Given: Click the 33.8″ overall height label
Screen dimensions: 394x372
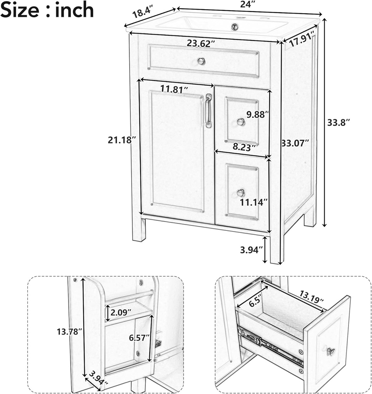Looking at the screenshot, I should coord(339,123).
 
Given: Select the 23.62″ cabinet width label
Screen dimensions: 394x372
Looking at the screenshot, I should coord(201,44).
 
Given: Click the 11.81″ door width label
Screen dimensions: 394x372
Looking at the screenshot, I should coord(174,89).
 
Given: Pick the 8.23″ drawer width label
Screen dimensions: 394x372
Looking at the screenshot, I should coord(244,147).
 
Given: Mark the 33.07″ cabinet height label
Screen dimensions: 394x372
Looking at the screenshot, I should coord(295,143).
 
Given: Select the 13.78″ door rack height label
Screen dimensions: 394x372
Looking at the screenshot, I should coord(70,331).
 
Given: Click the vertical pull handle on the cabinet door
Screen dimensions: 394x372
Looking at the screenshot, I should coord(209,111).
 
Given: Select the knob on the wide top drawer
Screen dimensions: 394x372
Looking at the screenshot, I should coord(201,61).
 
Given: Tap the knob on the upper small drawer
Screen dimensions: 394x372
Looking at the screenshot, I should coord(240,122).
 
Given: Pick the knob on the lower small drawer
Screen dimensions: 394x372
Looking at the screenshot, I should coord(240,192).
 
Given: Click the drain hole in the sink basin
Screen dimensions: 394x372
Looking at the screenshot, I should coord(234,26).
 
